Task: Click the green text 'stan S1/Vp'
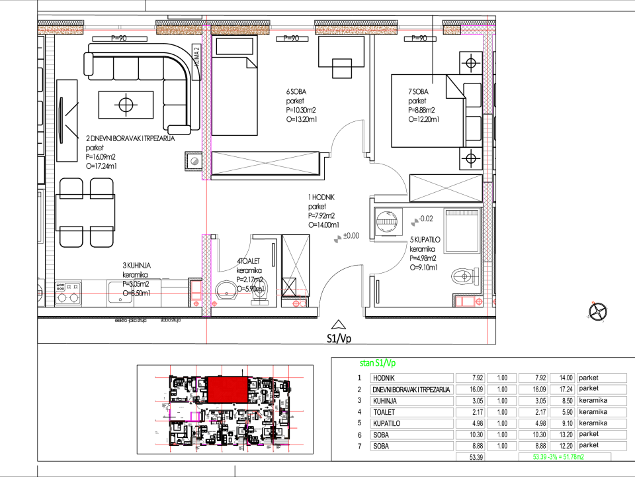(x=378, y=363)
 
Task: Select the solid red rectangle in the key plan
(x=228, y=390)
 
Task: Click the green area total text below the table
(x=558, y=457)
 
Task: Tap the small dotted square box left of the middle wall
(x=194, y=161)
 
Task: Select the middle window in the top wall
(x=292, y=28)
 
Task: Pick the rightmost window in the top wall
(x=419, y=28)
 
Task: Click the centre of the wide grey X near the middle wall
(x=265, y=163)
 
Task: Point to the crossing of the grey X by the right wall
(x=446, y=188)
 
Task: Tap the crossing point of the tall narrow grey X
(x=296, y=266)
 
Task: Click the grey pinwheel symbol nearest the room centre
(x=337, y=239)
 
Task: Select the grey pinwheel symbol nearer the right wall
(x=415, y=223)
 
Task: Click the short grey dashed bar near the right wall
(x=462, y=213)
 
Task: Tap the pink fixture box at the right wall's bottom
(x=466, y=301)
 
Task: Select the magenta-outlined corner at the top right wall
(x=478, y=30)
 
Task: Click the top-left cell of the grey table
(x=412, y=378)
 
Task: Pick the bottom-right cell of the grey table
(x=601, y=446)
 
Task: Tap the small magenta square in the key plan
(x=194, y=416)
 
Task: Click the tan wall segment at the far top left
(x=60, y=30)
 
